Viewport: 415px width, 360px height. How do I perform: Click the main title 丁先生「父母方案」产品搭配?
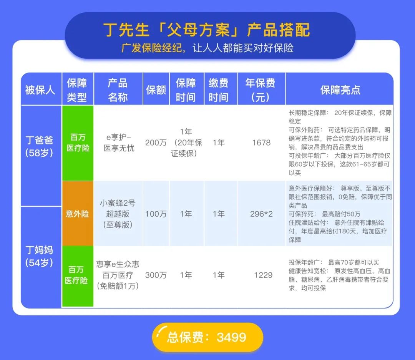click(206, 30)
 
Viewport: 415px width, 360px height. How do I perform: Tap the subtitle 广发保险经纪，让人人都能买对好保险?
click(207, 48)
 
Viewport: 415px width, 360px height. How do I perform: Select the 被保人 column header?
click(40, 90)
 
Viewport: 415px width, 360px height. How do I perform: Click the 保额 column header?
click(156, 90)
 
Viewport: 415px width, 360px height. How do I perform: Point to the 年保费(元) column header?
click(261, 90)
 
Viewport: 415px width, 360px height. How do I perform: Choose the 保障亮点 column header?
click(340, 90)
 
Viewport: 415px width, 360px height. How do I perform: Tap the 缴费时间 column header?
click(219, 90)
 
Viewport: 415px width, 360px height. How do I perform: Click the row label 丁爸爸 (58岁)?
click(39, 146)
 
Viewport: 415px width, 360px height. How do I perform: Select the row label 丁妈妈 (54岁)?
click(39, 256)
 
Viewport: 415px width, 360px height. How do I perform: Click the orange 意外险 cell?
click(78, 214)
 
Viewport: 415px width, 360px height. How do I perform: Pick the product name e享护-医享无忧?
click(119, 143)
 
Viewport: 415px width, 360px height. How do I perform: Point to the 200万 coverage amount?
click(156, 143)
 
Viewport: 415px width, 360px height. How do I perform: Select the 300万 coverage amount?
click(156, 275)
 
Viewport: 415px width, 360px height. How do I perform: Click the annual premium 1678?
click(261, 143)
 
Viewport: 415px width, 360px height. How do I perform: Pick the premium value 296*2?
click(261, 214)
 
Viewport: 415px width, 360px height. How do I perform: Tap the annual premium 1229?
click(263, 275)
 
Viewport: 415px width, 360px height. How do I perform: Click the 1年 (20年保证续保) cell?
click(186, 143)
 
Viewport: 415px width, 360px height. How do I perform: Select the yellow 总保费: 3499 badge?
click(207, 337)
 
